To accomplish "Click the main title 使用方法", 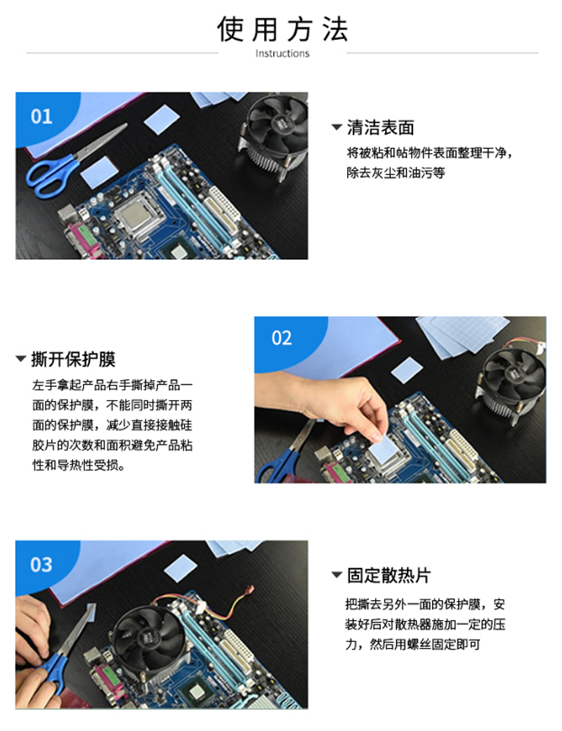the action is [282, 29].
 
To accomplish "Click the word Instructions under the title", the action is [282, 53].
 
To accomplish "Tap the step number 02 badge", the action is [282, 338].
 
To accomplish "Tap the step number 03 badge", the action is [41, 565].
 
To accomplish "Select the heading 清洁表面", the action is [381, 127].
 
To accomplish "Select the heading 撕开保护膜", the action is [73, 359].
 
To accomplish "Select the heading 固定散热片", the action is [388, 575].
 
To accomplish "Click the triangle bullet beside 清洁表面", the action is [336, 127].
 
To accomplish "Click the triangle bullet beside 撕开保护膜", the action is [20, 359].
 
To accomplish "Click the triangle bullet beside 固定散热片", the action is [336, 575].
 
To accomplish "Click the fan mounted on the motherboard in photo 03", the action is [149, 639].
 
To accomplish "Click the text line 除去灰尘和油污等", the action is [396, 173].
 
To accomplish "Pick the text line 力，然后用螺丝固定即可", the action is [413, 645].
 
